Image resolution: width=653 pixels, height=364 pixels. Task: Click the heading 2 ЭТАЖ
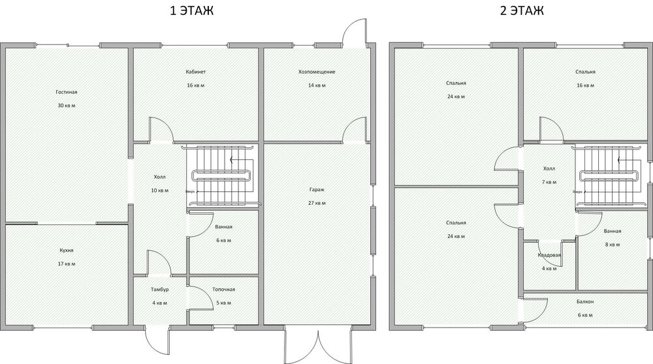[520, 11]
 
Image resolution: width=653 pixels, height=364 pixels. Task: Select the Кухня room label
[65, 250]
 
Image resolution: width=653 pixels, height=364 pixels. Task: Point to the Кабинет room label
[195, 72]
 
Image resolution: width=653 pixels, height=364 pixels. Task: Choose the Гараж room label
[317, 190]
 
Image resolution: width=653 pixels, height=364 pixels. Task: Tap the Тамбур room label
[159, 290]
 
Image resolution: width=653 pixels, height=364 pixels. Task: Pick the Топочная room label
[223, 290]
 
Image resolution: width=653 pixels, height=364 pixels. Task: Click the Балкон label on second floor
[584, 302]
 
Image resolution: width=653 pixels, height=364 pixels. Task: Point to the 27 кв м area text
[317, 203]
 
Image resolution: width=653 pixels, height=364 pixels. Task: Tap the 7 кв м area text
[548, 182]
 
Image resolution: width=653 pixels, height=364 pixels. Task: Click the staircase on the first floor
[222, 175]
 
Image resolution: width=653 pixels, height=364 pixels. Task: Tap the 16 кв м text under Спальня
[584, 85]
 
